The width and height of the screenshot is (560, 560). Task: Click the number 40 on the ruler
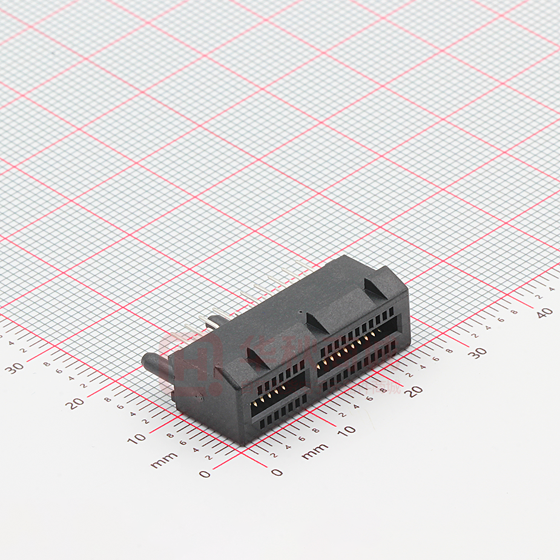point(544,312)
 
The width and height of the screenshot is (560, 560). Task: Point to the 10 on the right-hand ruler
point(346,430)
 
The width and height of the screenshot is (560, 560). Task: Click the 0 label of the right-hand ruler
point(277,472)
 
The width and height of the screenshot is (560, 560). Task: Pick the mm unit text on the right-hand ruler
point(314,451)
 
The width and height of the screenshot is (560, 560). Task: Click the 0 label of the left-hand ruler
point(205,473)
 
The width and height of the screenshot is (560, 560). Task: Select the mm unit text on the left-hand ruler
point(164,460)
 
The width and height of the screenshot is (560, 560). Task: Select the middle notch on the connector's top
point(316,322)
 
